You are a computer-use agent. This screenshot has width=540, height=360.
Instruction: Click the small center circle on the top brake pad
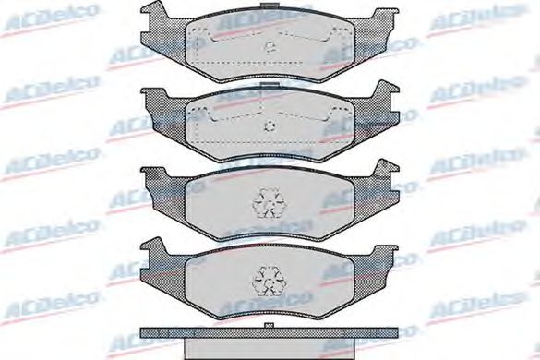pyautogui.click(x=270, y=46)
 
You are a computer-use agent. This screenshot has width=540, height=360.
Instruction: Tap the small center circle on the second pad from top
pyautogui.click(x=270, y=126)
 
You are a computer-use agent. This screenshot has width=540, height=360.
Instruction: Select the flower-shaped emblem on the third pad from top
pyautogui.click(x=269, y=203)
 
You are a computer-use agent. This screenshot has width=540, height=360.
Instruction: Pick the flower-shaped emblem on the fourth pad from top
pyautogui.click(x=269, y=282)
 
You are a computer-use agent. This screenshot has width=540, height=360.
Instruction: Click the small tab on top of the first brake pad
pyautogui.click(x=270, y=5)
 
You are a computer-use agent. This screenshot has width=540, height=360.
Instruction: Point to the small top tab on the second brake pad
pyautogui.click(x=270, y=84)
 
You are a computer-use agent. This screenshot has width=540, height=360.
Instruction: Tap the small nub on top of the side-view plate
pyautogui.click(x=269, y=325)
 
